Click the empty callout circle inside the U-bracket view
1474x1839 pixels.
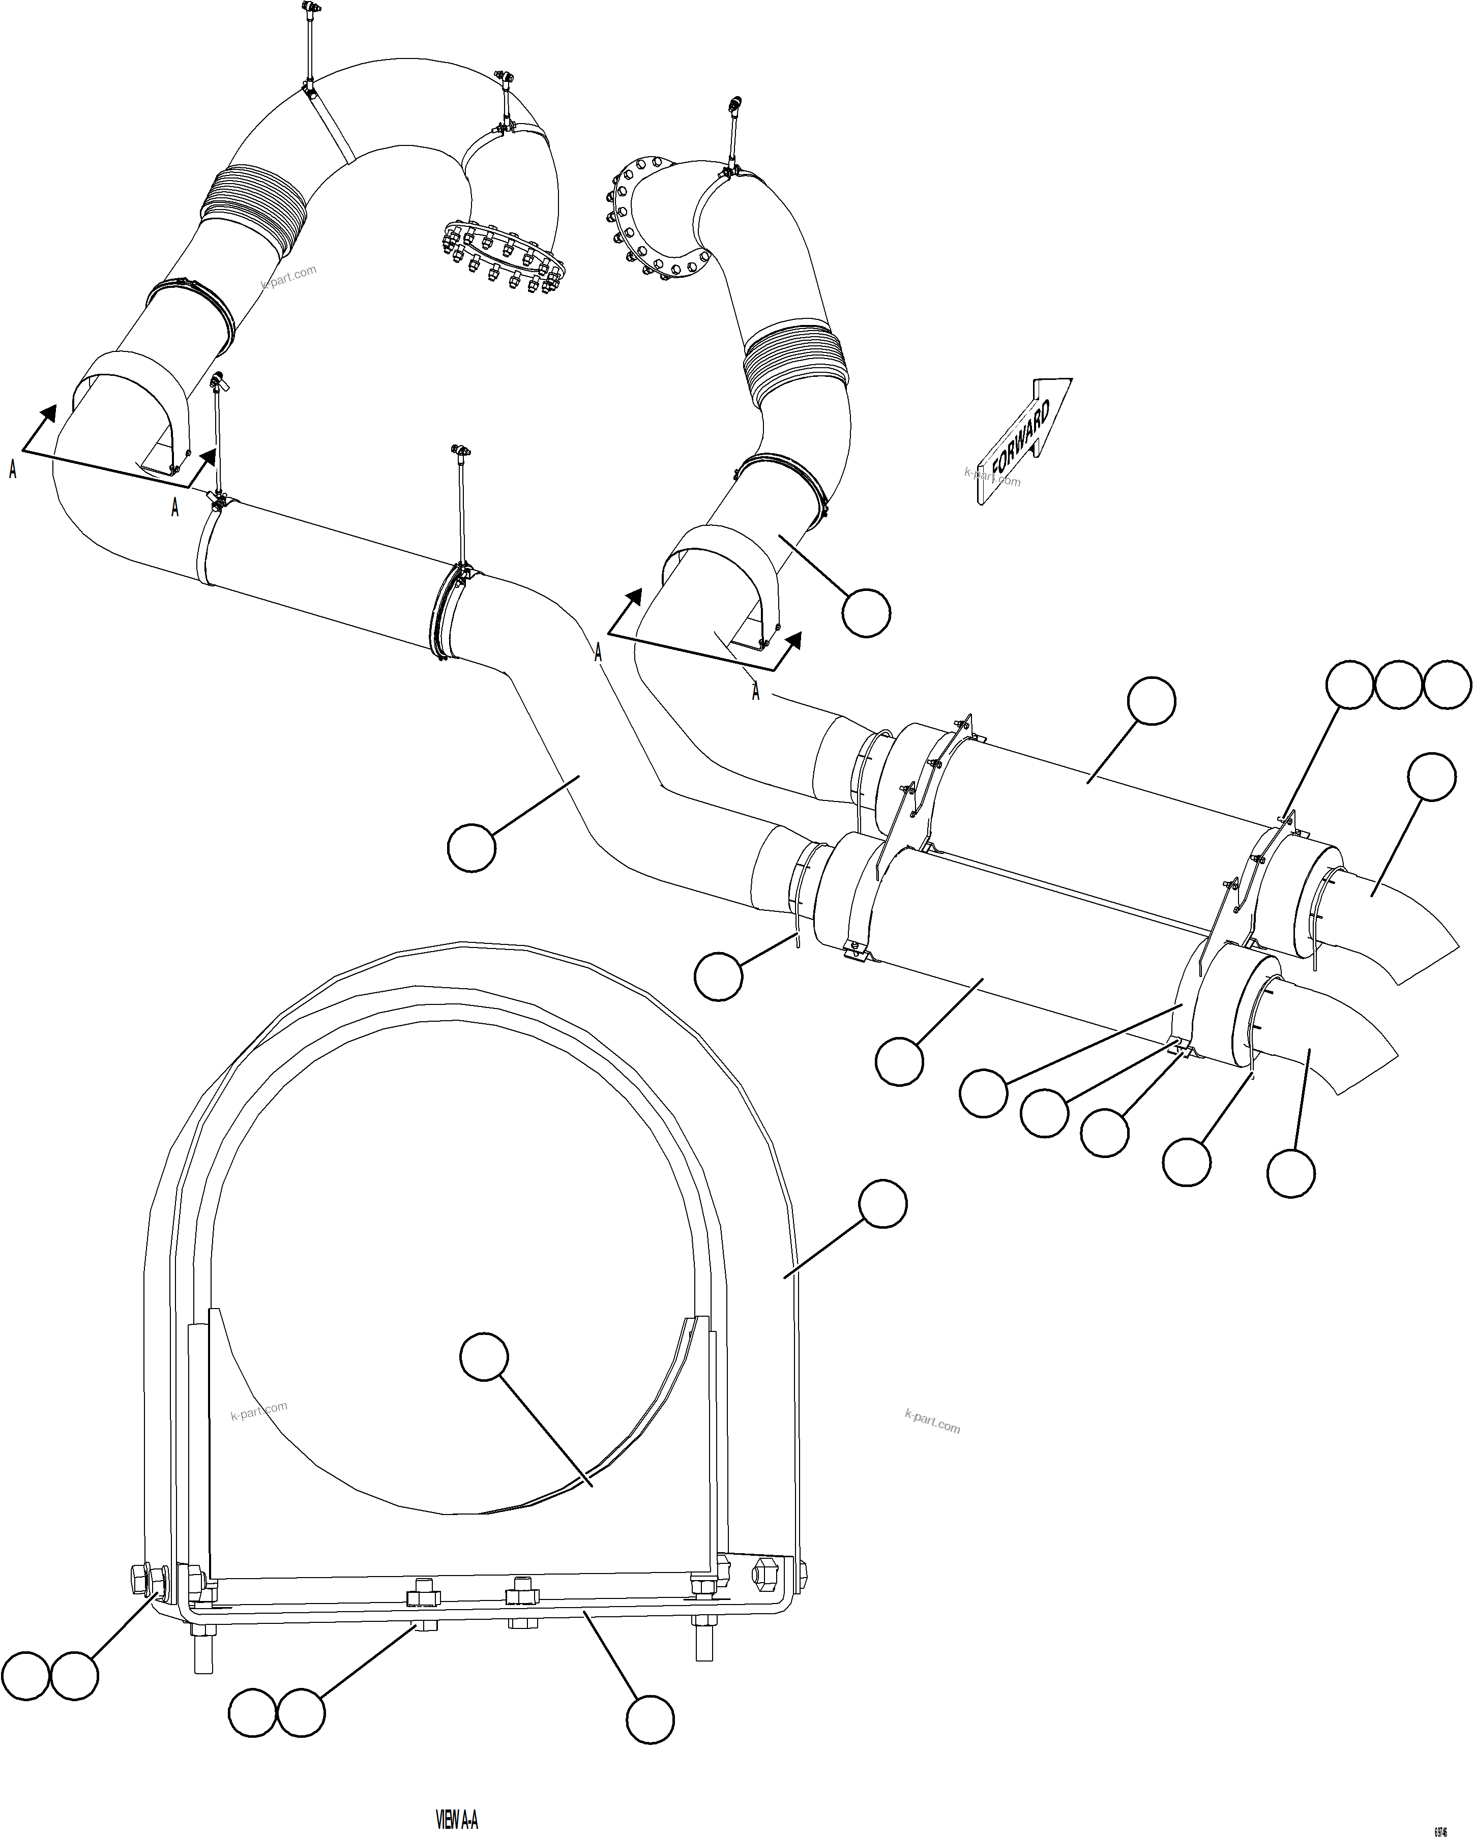[484, 1356]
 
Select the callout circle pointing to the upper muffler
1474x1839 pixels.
[1151, 701]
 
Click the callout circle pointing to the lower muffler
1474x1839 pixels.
[899, 1061]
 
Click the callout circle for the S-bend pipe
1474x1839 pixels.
[471, 847]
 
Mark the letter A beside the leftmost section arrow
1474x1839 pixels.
[12, 468]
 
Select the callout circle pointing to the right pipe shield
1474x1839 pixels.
[866, 612]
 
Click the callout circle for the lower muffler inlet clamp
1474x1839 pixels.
[718, 976]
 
